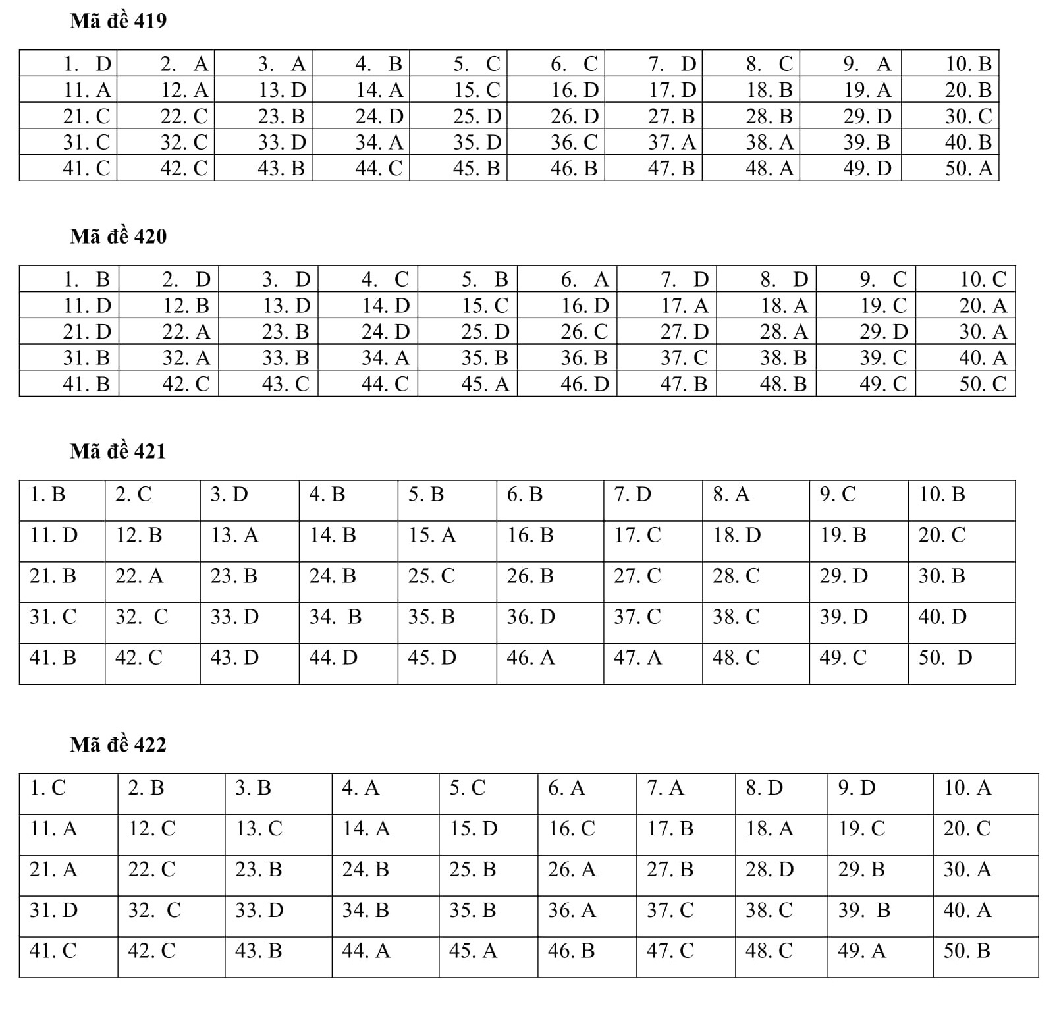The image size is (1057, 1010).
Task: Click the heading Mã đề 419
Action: tap(118, 21)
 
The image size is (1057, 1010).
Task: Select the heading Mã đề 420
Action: tap(118, 236)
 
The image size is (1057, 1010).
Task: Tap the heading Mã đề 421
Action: tap(118, 451)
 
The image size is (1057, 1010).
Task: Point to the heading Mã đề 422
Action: tap(118, 744)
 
